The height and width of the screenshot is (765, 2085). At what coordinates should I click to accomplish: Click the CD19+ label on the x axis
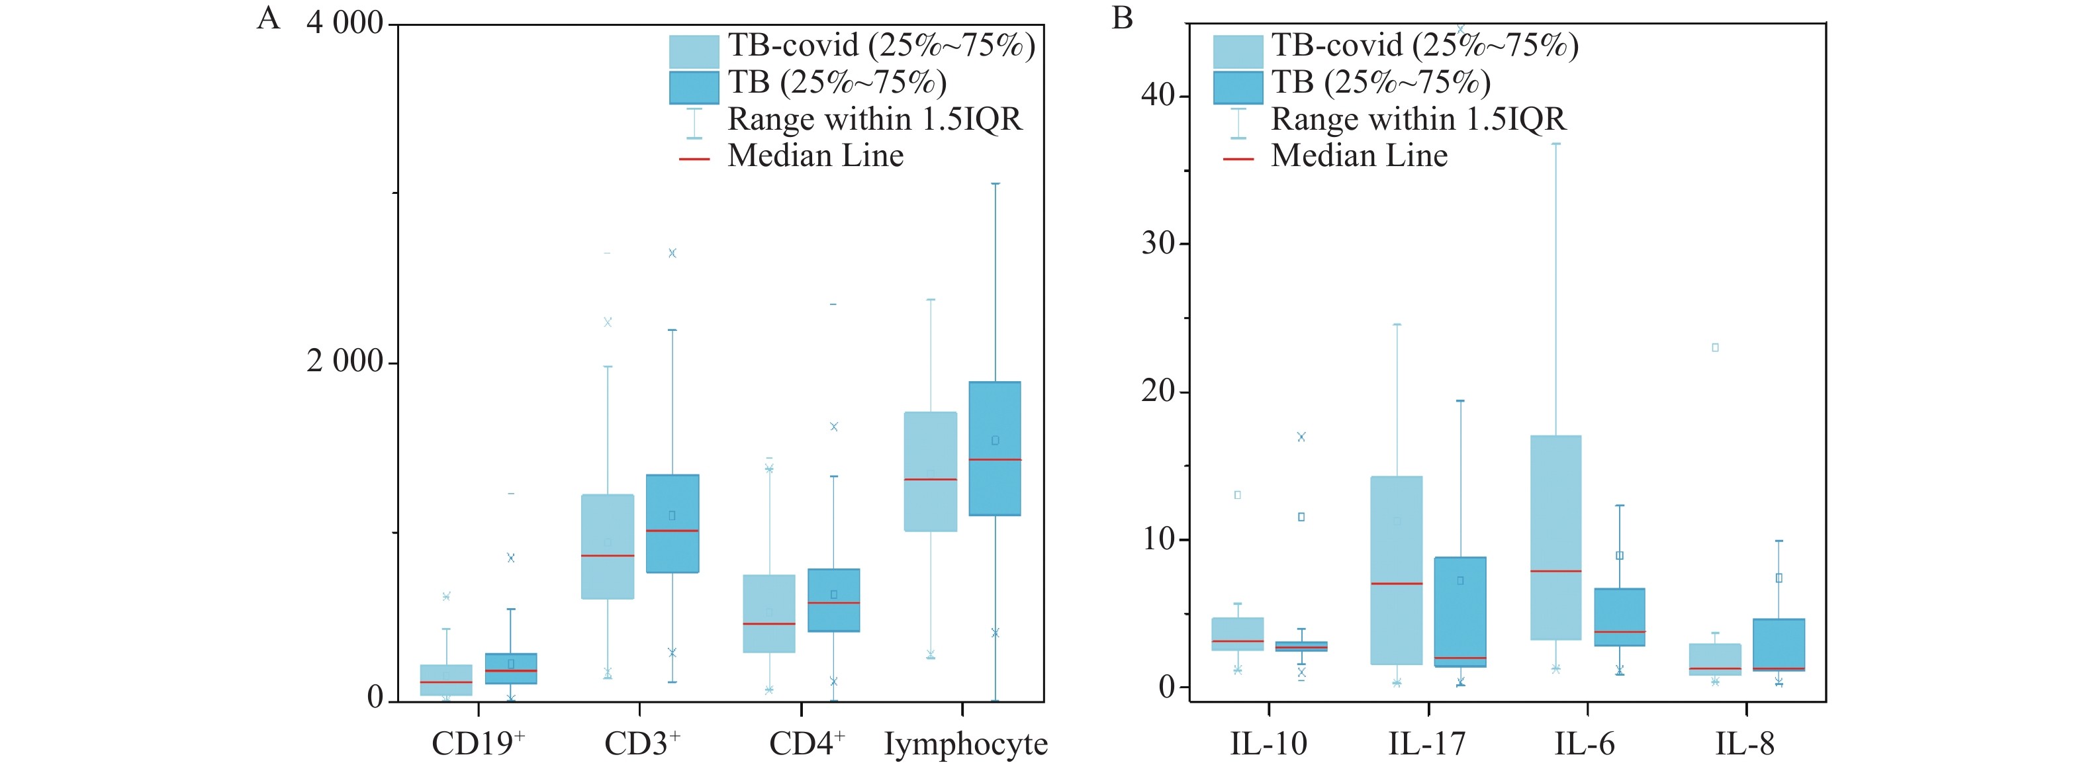477,743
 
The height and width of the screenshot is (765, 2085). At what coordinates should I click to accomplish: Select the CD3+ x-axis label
642,743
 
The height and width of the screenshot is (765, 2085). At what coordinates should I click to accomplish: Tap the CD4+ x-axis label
806,743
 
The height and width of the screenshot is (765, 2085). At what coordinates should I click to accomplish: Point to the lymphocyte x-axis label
965,743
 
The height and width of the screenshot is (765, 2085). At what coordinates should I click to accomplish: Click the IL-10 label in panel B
1268,743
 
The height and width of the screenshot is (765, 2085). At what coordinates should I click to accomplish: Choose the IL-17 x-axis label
1426,743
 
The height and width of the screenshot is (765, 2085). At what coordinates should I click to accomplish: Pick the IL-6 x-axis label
1584,743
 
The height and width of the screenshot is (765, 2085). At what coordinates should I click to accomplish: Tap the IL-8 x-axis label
1744,743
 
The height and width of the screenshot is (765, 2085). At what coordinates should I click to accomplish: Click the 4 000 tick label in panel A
344,22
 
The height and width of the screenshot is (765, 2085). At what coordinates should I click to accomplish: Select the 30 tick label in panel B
1158,243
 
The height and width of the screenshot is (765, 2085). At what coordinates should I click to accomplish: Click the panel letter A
268,18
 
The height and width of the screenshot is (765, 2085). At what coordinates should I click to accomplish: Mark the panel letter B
1122,18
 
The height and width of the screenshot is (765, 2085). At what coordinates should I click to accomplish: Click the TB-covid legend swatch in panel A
694,51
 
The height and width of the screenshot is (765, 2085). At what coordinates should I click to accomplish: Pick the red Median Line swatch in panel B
1238,159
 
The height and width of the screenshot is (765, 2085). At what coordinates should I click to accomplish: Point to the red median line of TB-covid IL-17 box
1395,584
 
